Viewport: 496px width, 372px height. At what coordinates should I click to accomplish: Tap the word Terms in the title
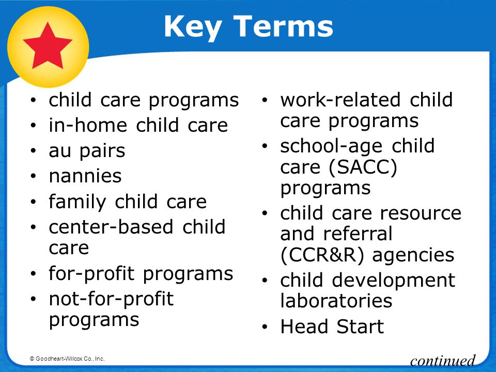[x=284, y=26]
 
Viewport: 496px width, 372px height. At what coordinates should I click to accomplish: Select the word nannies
[x=85, y=176]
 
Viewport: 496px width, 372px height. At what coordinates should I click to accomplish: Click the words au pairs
[x=87, y=151]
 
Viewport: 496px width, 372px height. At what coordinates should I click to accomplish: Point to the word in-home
[x=88, y=125]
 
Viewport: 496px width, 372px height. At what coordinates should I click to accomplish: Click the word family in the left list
[x=78, y=202]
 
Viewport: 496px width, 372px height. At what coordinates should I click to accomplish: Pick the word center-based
[x=111, y=227]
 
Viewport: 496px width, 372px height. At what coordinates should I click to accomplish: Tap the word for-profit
[x=92, y=274]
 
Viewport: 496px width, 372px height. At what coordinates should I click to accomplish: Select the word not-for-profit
[x=112, y=299]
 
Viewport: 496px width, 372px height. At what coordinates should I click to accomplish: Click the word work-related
[x=340, y=100]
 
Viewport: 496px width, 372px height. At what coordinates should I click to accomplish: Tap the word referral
[x=358, y=234]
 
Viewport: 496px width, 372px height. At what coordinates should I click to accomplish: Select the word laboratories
[x=336, y=301]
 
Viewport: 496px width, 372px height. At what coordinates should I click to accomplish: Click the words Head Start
[x=332, y=327]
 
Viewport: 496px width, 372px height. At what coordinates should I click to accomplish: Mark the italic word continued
[x=443, y=361]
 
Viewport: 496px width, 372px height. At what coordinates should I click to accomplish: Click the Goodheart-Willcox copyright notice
[x=67, y=359]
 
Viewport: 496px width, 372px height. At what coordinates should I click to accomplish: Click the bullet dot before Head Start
[x=265, y=327]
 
